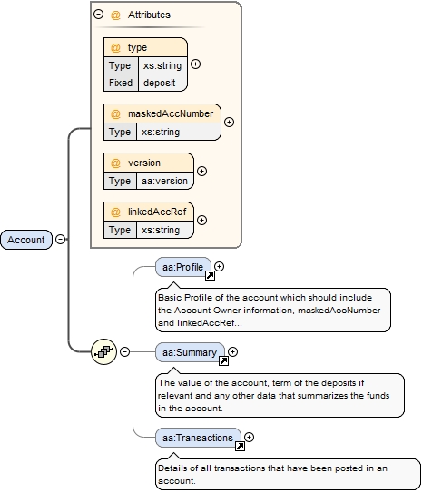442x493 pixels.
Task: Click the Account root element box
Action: (x=26, y=240)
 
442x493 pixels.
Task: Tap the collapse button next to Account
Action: (x=60, y=240)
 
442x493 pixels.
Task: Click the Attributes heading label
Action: (x=147, y=15)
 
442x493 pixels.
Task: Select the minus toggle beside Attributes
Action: (x=97, y=15)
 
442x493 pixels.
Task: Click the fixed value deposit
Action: (x=160, y=83)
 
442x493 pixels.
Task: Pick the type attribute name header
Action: (x=137, y=47)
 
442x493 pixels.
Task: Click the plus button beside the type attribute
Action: (x=195, y=64)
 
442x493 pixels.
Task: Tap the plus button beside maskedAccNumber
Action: (x=229, y=123)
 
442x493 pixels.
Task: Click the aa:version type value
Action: (x=163, y=181)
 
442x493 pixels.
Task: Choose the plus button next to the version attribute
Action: (x=201, y=172)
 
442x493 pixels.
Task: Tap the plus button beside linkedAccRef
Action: (x=201, y=221)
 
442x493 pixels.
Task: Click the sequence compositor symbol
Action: (x=104, y=351)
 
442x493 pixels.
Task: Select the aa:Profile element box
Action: (x=182, y=267)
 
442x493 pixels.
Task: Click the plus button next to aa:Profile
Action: (x=220, y=267)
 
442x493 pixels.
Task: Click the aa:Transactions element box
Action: (x=198, y=437)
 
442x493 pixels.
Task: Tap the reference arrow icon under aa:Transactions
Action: (x=241, y=447)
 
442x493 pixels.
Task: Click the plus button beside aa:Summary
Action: (x=232, y=352)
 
